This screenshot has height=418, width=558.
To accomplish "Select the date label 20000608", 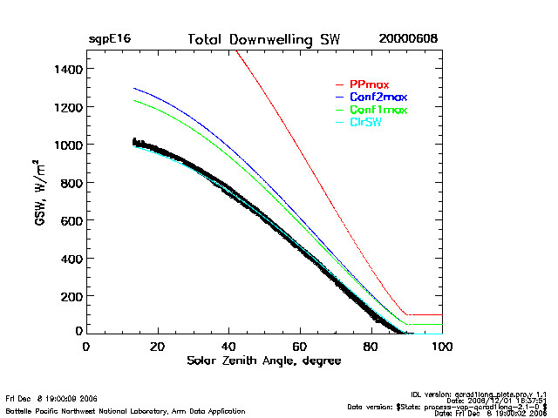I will [x=408, y=40].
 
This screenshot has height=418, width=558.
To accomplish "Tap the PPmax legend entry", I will [x=369, y=84].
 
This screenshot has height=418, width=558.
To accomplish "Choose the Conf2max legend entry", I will [x=378, y=97].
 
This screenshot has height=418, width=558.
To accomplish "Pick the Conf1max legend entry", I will [x=378, y=110].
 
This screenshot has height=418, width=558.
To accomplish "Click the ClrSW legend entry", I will [x=368, y=123].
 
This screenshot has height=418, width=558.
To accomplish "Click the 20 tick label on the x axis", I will [x=157, y=347].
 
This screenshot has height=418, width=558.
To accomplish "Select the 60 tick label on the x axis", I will [x=300, y=347].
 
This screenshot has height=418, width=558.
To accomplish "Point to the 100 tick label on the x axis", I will [x=442, y=347].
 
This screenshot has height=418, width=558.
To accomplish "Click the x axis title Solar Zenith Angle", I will [x=263, y=361].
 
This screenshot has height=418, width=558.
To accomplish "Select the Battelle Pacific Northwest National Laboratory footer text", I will [x=126, y=410].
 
